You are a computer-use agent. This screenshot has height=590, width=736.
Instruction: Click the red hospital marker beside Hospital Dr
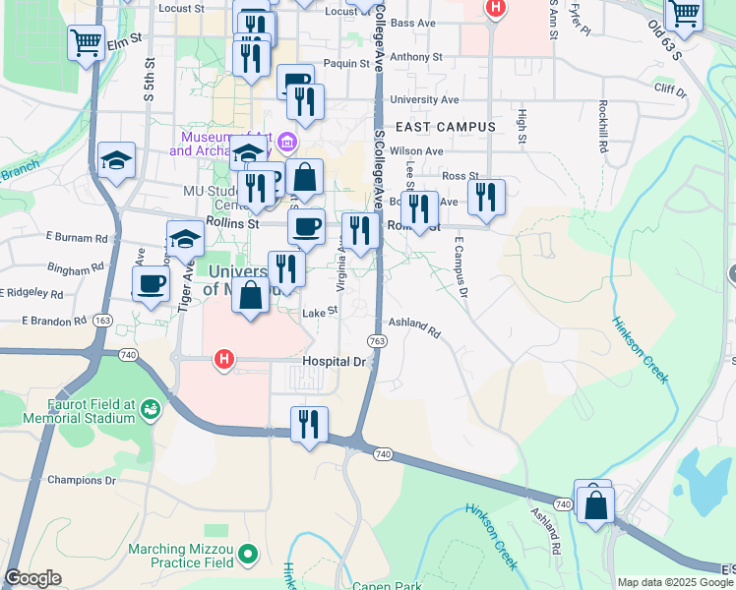pos(224,360)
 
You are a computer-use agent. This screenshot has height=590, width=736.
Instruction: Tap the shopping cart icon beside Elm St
pos(86,42)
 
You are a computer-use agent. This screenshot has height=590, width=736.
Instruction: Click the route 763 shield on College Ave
pos(376,340)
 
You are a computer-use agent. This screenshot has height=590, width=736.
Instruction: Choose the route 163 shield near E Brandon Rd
pos(102,321)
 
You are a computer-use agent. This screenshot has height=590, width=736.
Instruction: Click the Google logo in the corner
pos(33,578)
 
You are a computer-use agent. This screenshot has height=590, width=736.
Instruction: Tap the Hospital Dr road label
pos(334,362)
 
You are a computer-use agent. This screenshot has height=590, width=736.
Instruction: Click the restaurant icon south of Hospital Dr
pos(309,424)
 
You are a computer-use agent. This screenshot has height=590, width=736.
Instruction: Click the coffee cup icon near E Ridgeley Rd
pos(151,284)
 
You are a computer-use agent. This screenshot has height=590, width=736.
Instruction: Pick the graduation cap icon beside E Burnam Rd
pos(184,238)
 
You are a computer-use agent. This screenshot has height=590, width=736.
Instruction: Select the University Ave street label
pos(424,99)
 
